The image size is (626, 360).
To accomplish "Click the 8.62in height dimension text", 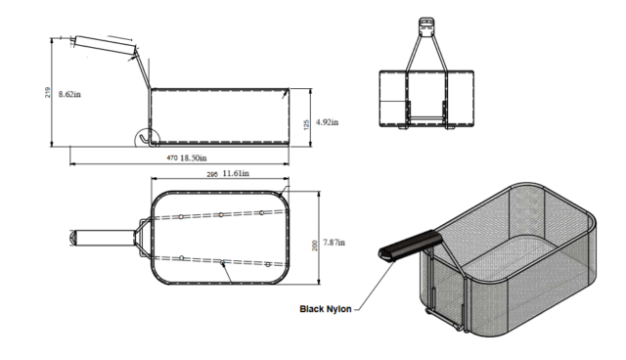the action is tap(69, 94).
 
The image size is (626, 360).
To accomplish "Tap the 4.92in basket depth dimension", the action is tap(327, 122).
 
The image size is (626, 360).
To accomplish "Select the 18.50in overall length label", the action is tap(194, 157).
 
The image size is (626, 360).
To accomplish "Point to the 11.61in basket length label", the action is tap(236, 173).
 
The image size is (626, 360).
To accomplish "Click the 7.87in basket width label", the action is tap(334, 243).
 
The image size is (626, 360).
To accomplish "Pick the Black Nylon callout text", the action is tap(326, 309).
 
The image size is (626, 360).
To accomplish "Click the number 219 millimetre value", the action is tap(48, 93).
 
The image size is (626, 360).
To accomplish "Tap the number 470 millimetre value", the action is tap(172, 158).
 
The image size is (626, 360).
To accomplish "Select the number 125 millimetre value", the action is tap(306, 125).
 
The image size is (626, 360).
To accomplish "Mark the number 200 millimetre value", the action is tap(315, 246).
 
